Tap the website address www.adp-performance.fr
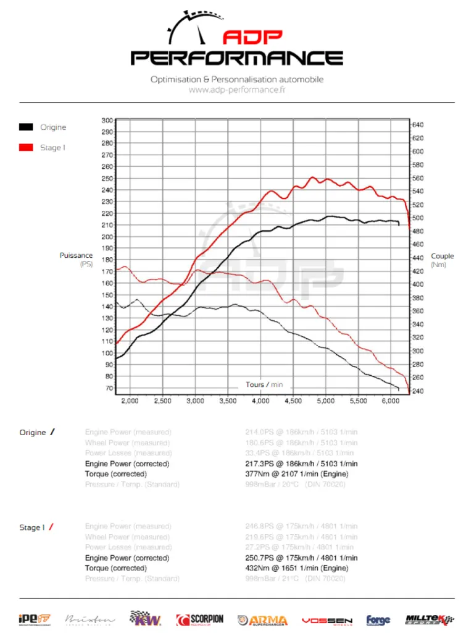point(236,90)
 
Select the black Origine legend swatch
point(26,127)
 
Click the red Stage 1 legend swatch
point(26,148)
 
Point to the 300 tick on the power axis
point(107,121)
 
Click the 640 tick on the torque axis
point(418,125)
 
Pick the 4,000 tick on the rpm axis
point(260,401)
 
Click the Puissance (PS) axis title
point(76,260)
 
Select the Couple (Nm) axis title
point(442,260)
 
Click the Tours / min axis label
point(264,384)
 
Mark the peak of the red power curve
point(313,177)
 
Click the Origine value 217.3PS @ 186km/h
point(301,464)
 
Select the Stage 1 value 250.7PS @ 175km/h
point(301,558)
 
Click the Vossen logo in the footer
point(327,620)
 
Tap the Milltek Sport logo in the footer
point(430,619)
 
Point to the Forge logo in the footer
point(378,620)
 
